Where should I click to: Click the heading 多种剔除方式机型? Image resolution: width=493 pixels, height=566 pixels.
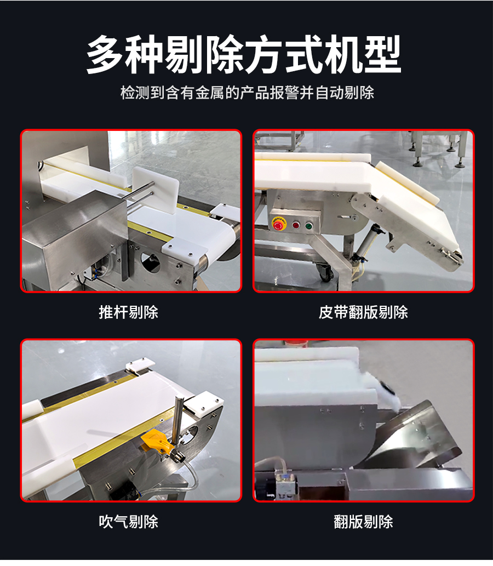tap(244, 54)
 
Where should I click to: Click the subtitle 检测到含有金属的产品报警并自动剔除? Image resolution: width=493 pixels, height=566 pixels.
tap(247, 93)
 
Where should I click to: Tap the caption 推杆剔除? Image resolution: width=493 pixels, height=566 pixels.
tap(129, 312)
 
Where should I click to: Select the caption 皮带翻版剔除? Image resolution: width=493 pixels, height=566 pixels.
tap(363, 312)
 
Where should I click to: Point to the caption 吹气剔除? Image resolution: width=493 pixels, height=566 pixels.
tap(129, 522)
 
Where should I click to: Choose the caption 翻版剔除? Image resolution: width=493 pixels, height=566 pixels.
tap(363, 522)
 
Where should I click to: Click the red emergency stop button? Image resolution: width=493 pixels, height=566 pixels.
tap(278, 225)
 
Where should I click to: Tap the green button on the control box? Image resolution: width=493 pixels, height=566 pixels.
tap(308, 226)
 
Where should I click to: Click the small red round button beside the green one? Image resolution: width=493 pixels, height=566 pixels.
tap(296, 226)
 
